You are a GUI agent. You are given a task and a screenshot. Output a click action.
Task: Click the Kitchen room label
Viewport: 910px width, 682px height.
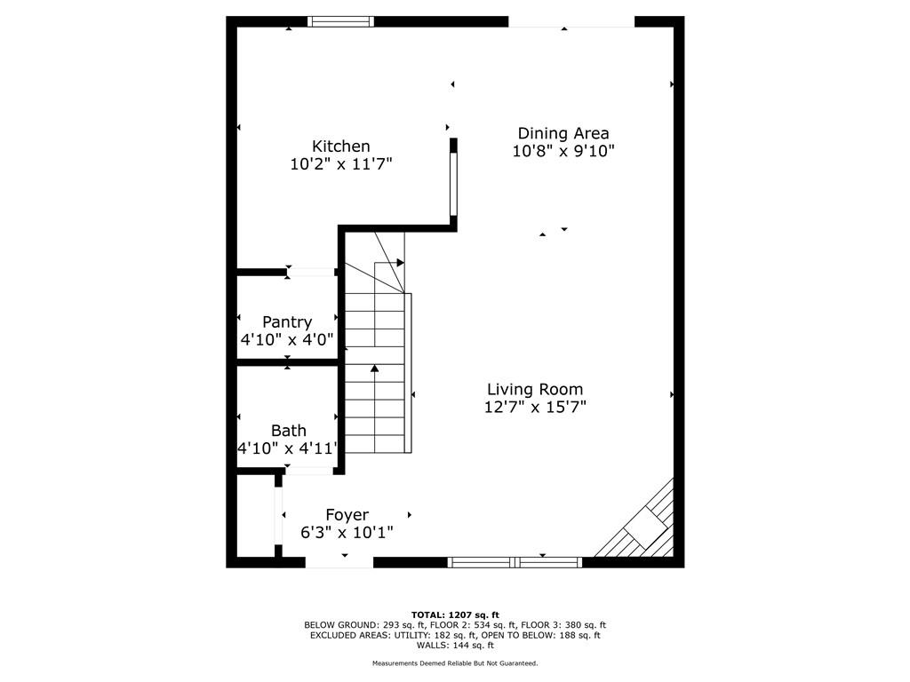coord(340,147)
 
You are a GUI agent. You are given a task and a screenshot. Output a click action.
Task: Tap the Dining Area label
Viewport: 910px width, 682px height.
coord(563,133)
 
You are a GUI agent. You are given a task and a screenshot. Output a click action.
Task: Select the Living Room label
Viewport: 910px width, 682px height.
coord(534,389)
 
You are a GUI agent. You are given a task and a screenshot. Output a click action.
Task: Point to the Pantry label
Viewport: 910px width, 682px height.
coord(287,321)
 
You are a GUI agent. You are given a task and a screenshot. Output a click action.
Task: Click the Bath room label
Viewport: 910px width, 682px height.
coord(289,431)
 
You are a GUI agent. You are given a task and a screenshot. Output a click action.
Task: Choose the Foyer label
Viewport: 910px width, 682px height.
coord(347,515)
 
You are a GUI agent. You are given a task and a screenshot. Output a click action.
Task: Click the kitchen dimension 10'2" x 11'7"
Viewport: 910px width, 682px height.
coord(341,164)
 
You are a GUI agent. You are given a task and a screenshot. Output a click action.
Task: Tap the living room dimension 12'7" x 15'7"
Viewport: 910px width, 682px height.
coord(535,407)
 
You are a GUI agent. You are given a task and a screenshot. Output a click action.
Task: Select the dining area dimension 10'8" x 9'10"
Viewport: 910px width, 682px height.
coord(563,151)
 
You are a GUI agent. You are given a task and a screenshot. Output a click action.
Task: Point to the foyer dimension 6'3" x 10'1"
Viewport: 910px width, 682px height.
coord(347,533)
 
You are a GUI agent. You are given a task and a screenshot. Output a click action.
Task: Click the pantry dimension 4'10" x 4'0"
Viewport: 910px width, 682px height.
coord(287,339)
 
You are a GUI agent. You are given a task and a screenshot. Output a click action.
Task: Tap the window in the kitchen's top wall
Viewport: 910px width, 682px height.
coord(340,22)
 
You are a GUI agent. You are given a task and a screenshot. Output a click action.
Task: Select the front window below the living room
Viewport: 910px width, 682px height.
coord(515,562)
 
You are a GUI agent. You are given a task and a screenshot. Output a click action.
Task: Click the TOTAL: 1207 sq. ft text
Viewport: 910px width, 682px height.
coord(455,615)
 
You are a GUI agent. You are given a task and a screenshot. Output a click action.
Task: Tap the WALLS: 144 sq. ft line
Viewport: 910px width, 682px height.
coord(455,645)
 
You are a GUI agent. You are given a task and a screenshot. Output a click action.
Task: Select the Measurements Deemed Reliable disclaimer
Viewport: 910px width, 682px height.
coord(455,662)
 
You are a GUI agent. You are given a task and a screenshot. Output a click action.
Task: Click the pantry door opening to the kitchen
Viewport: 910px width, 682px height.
coord(311,272)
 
